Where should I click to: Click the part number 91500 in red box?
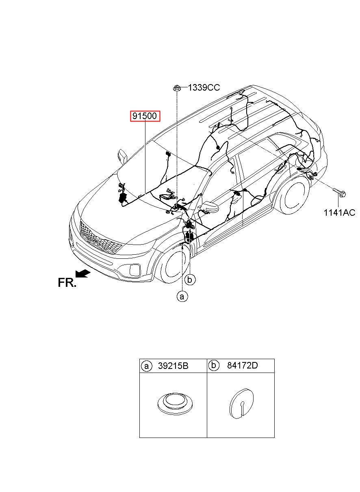coord(145,116)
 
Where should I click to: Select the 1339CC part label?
coord(204,88)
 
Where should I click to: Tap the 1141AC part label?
coord(339,212)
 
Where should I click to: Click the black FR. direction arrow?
coord(83,274)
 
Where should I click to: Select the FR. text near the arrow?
coord(67,283)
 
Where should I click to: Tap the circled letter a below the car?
coord(182,297)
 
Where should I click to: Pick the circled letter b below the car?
coord(190,280)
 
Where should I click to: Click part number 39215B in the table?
coord(173,366)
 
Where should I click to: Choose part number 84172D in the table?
coord(242,365)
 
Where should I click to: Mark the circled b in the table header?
coord(214,366)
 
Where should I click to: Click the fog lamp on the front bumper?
coord(134,269)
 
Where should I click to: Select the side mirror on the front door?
coord(210,207)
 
